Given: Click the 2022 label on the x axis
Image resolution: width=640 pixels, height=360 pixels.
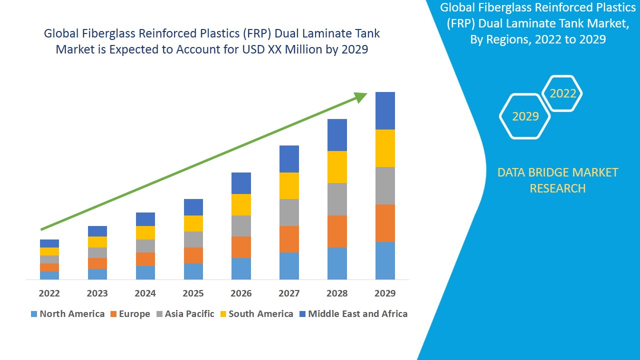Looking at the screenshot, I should tap(49, 293).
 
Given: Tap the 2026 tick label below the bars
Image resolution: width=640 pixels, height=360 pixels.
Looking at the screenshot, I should tap(241, 293).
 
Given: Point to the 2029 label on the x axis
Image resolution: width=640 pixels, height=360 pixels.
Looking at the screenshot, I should tap(385, 293).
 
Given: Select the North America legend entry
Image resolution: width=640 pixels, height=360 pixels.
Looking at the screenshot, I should tap(67, 314).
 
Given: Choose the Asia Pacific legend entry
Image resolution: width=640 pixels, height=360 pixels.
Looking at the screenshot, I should tap(185, 314).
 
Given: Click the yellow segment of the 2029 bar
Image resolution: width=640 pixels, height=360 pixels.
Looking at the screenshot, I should tap(385, 148).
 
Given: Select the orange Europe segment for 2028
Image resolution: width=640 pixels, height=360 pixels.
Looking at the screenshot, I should tap(337, 231).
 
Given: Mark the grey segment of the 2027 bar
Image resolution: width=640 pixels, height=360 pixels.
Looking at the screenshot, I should tap(289, 212).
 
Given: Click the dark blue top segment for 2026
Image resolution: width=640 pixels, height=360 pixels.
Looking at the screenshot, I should tap(241, 183).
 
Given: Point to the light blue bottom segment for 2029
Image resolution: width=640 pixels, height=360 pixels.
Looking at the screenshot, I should tap(385, 260).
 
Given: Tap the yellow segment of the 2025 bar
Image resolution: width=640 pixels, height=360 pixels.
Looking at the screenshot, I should tap(193, 223).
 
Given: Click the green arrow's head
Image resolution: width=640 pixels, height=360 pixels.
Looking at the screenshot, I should tap(361, 96).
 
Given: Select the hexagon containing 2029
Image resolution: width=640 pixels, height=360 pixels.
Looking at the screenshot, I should tap(525, 116).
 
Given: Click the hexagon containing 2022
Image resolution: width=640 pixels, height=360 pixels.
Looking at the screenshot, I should tap(562, 93).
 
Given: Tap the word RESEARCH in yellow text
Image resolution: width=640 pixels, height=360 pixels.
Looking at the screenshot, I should tap(557, 188).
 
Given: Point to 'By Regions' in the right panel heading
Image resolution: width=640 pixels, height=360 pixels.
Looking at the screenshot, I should tap(500, 40).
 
